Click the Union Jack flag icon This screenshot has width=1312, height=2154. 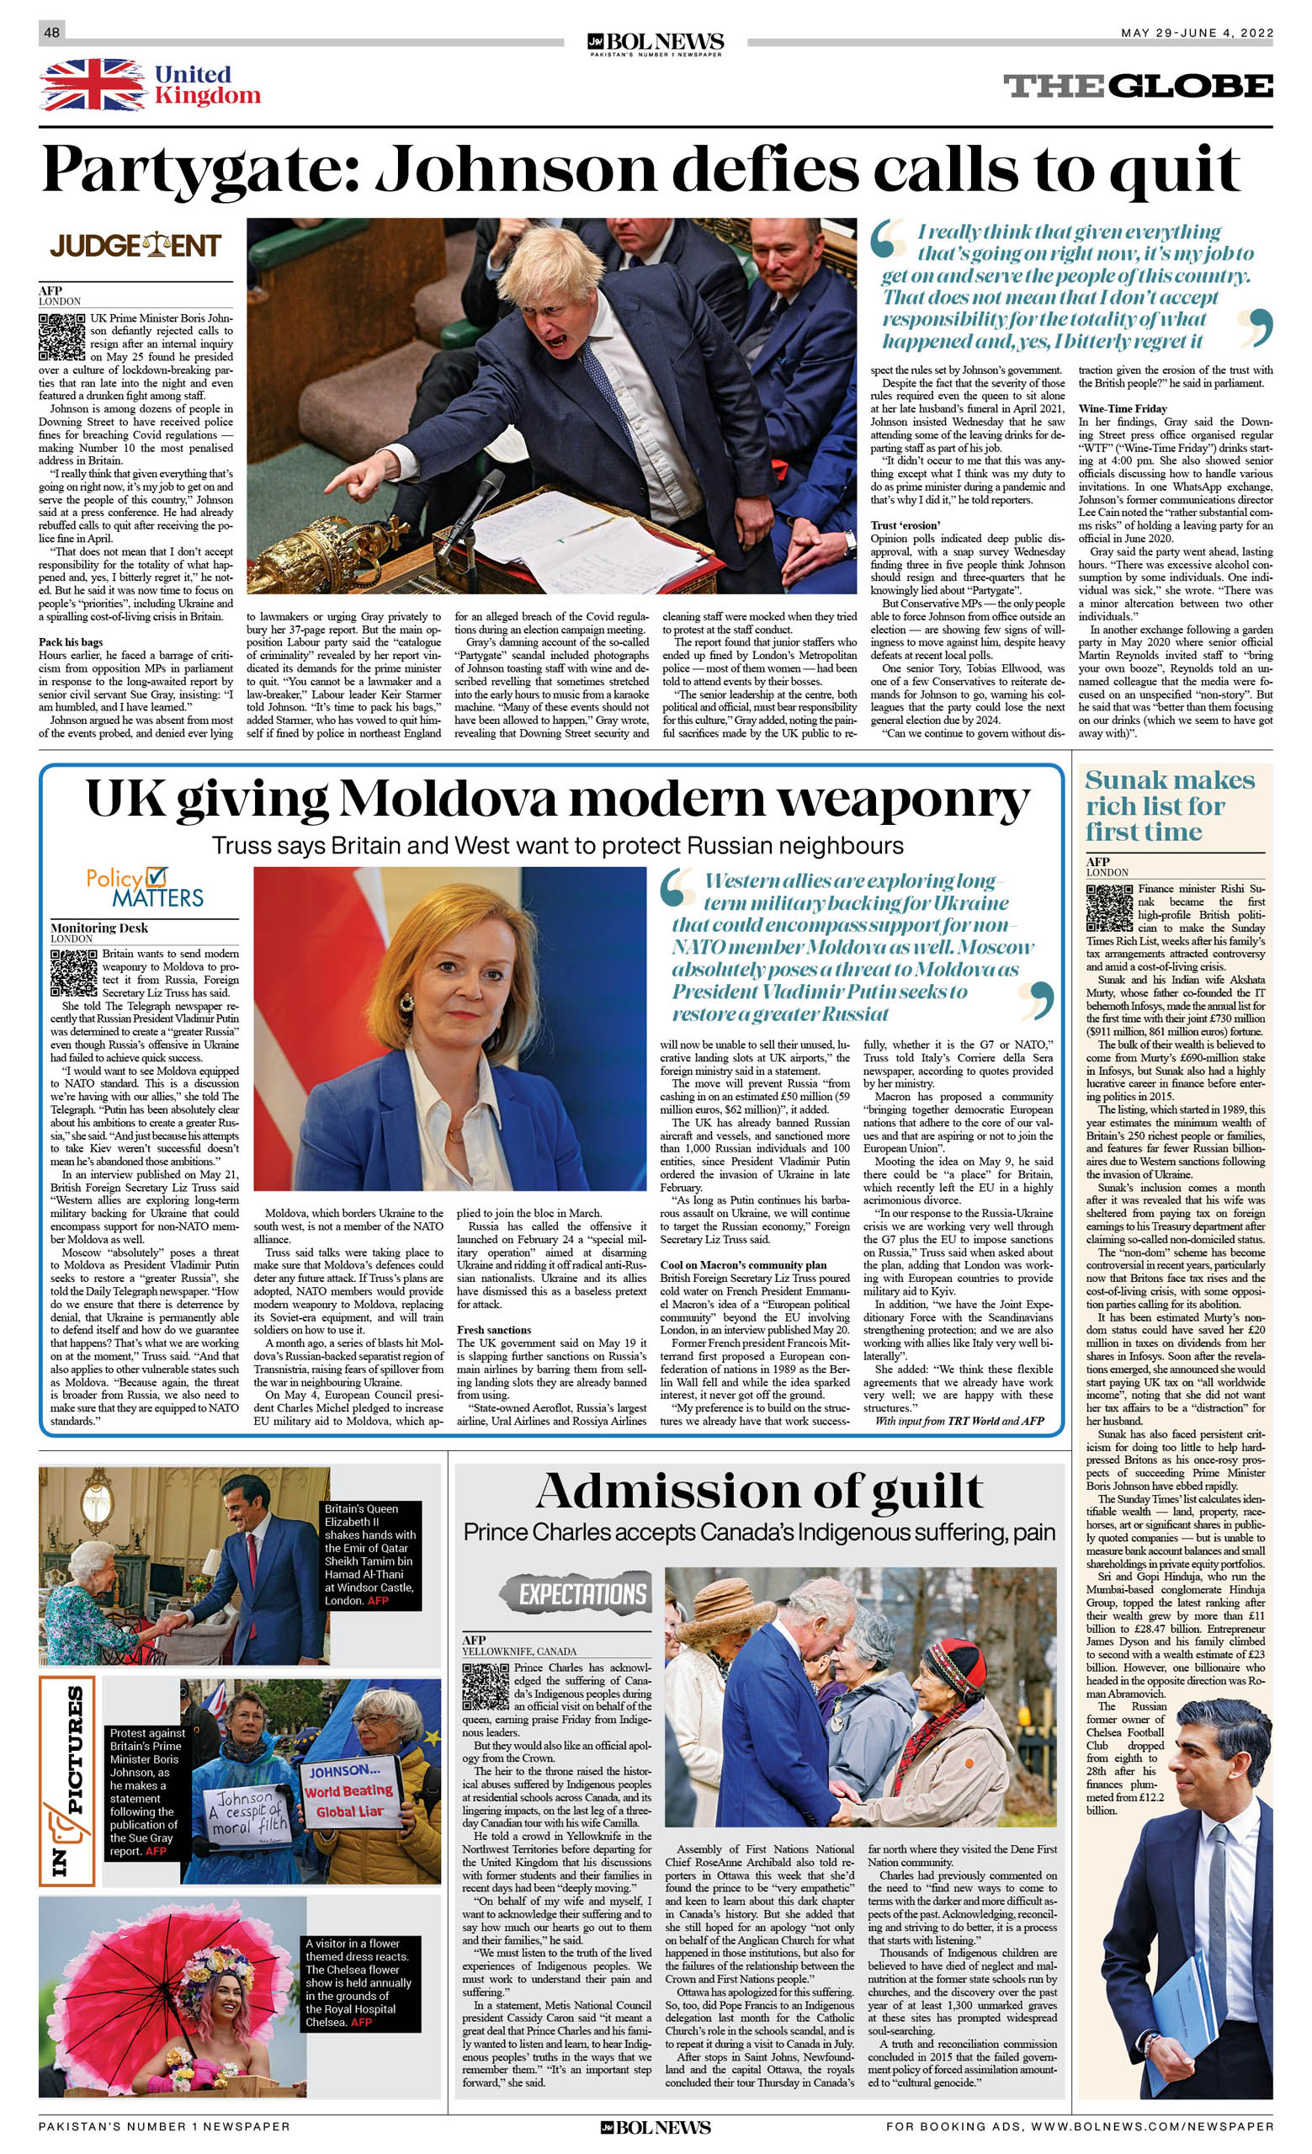(x=93, y=85)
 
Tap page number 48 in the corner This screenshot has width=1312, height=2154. (x=51, y=32)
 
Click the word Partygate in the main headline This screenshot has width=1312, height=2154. (x=199, y=168)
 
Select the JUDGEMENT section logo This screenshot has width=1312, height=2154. (x=135, y=246)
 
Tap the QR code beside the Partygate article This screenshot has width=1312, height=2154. (x=61, y=337)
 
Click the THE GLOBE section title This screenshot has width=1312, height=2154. (x=1137, y=86)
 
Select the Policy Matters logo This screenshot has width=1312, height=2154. (x=144, y=887)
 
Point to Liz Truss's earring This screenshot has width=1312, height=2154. (x=406, y=1002)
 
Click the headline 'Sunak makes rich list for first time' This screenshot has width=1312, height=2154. (x=1169, y=806)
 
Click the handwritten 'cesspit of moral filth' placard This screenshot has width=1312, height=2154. (x=247, y=1817)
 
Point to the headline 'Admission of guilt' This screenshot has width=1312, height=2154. (x=759, y=1492)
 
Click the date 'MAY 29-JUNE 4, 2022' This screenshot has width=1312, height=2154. (x=1197, y=33)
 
